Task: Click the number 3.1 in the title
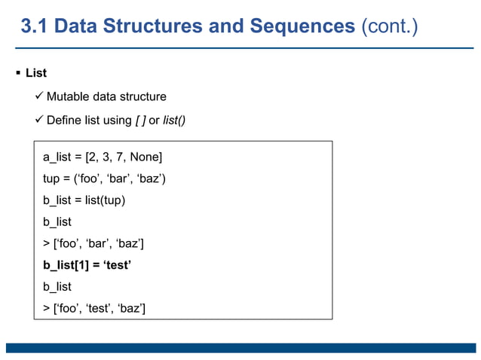pyautogui.click(x=35, y=27)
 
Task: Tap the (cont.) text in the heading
pyautogui.click(x=390, y=27)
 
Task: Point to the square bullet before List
pyautogui.click(x=17, y=73)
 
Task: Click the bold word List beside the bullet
pyautogui.click(x=36, y=73)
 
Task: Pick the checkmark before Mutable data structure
pyautogui.click(x=38, y=96)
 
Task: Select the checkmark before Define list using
pyautogui.click(x=38, y=120)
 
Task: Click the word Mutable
pyautogui.click(x=69, y=96)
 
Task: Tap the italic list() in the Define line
pyautogui.click(x=174, y=120)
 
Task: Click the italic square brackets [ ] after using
pyautogui.click(x=140, y=120)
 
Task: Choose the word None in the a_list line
pyautogui.click(x=146, y=157)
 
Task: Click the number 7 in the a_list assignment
pyautogui.click(x=120, y=157)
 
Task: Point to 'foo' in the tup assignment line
pyautogui.click(x=90, y=178)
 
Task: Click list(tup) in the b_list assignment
pyautogui.click(x=105, y=200)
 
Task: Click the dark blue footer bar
pyautogui.click(x=240, y=348)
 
